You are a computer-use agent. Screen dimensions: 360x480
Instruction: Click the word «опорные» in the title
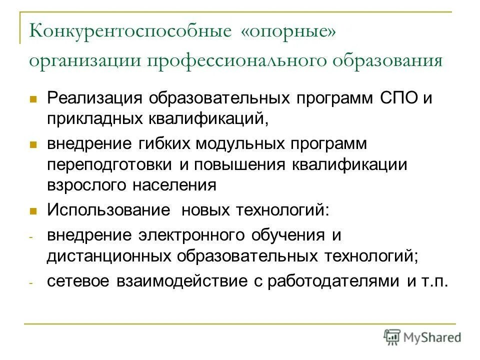pyautogui.click(x=288, y=33)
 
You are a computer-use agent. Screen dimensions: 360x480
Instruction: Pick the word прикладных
pyautogui.click(x=93, y=118)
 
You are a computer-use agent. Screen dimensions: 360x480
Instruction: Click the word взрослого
pyautogui.click(x=86, y=185)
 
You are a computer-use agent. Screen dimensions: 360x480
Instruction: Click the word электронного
pyautogui.click(x=191, y=234)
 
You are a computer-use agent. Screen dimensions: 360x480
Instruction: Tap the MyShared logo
pyautogui.click(x=422, y=336)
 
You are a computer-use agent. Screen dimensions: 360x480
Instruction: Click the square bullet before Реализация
pyautogui.click(x=33, y=98)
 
